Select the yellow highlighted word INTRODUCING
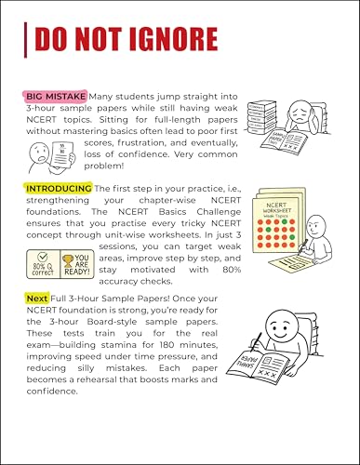pyautogui.click(x=59, y=188)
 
